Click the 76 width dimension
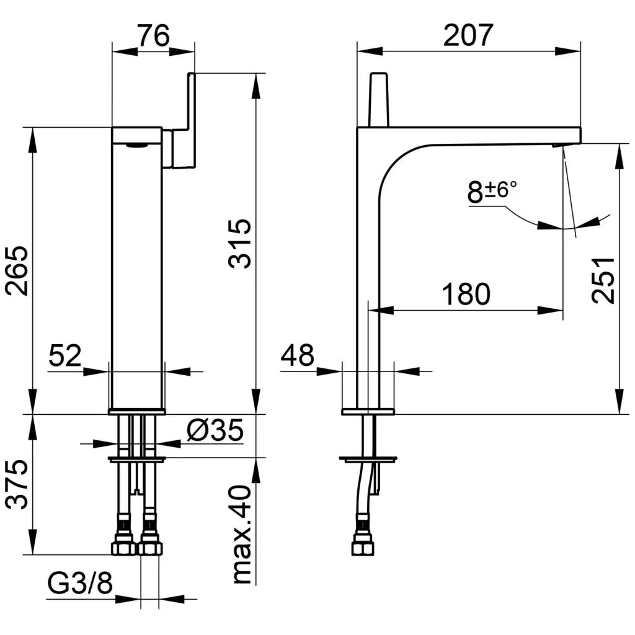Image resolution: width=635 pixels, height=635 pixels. tap(153, 36)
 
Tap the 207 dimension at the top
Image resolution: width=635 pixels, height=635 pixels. tap(468, 35)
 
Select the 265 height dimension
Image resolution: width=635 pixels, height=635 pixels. tap(17, 270)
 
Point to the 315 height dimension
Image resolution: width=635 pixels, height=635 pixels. tap(241, 242)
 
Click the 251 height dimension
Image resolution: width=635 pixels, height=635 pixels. tap(603, 279)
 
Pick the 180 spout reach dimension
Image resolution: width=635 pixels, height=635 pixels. tap(466, 294)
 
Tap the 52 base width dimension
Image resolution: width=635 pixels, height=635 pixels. tap(65, 356)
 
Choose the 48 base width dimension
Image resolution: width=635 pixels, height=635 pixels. tap(298, 356)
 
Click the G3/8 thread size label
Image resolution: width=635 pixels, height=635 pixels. tap(81, 583)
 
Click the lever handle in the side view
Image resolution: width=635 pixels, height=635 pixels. tap(379, 99)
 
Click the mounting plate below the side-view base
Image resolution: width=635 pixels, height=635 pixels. tap(368, 460)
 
